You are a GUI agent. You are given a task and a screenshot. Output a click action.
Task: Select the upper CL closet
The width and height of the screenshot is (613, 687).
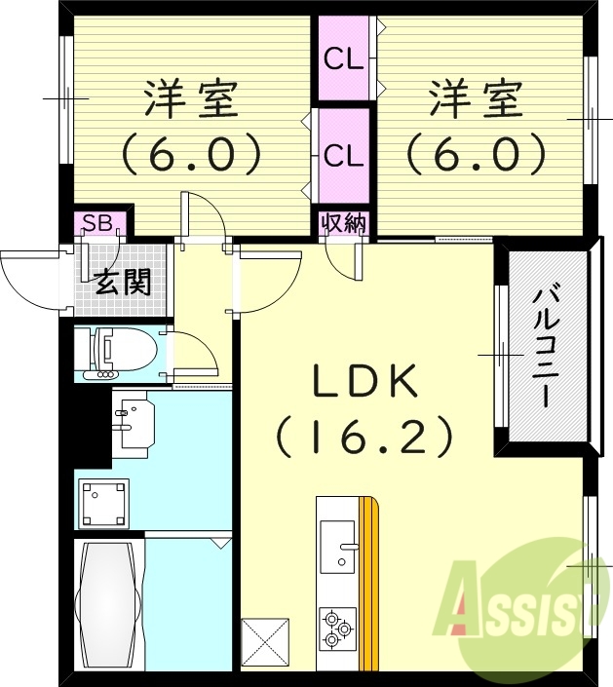click(343, 60)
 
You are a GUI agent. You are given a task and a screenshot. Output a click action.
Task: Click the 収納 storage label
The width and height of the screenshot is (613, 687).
click(343, 223)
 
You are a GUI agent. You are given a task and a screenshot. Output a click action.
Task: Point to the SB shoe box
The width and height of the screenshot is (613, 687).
click(97, 223)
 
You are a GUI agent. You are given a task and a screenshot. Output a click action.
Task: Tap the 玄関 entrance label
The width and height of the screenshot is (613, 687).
click(122, 284)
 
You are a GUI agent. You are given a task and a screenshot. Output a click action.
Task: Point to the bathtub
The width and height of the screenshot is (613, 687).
click(107, 604)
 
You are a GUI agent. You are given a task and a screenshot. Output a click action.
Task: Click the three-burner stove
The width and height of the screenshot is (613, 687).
click(336, 629)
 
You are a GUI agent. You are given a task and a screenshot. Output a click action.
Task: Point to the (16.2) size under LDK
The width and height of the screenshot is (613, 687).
click(365, 436)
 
